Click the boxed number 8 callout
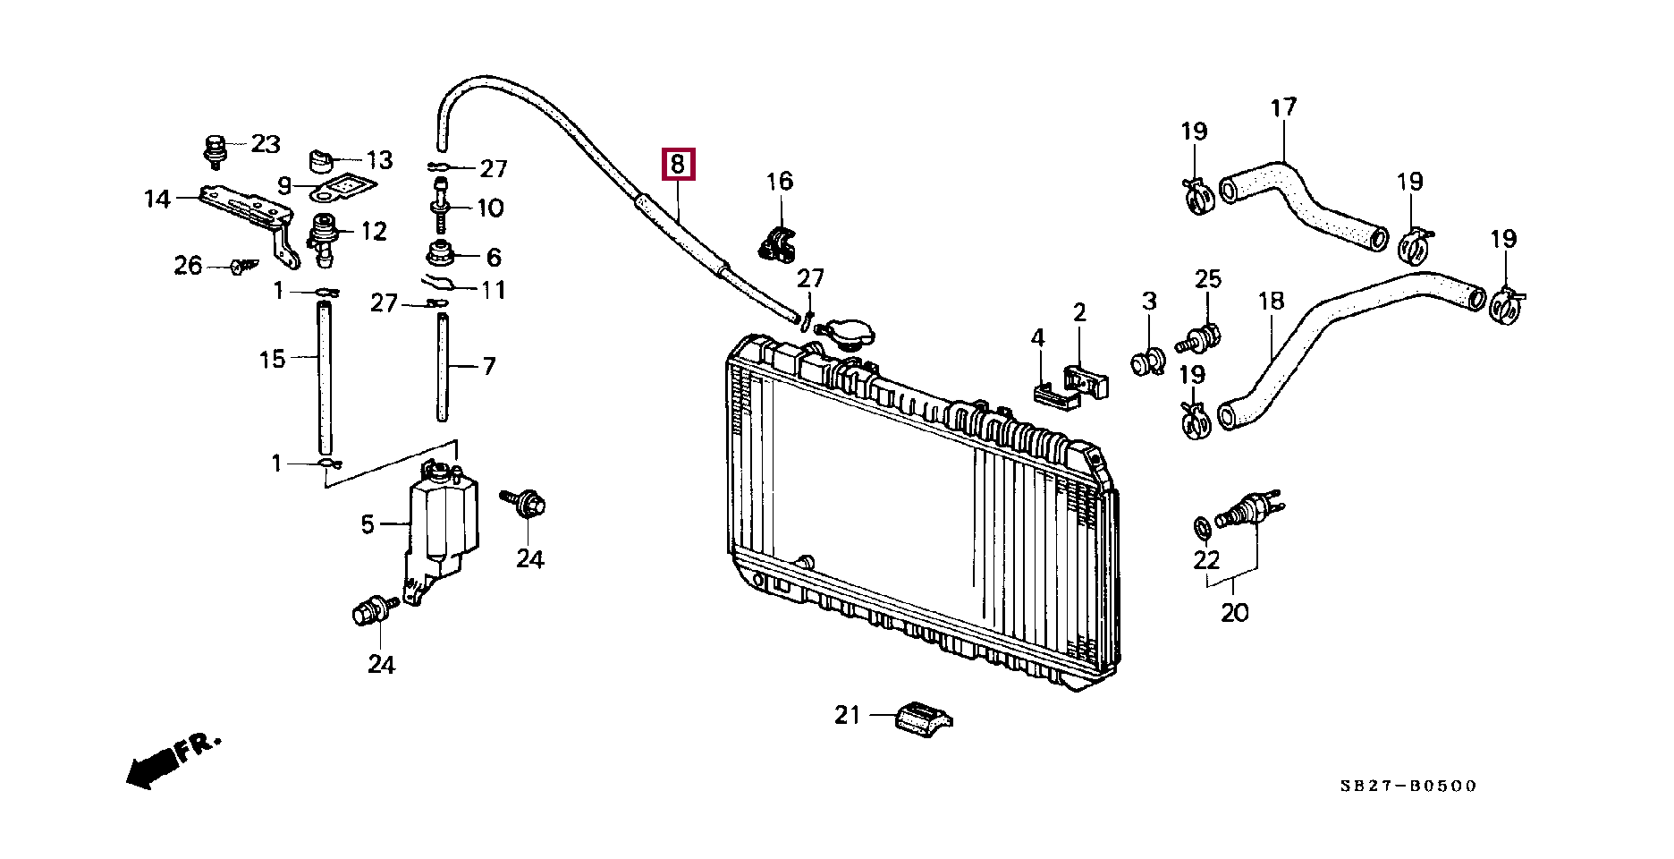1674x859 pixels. point(677,165)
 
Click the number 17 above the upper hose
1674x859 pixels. point(1283,108)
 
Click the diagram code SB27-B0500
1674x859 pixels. point(1408,786)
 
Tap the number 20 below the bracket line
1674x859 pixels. point(1234,613)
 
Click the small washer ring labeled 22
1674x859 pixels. point(1203,528)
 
